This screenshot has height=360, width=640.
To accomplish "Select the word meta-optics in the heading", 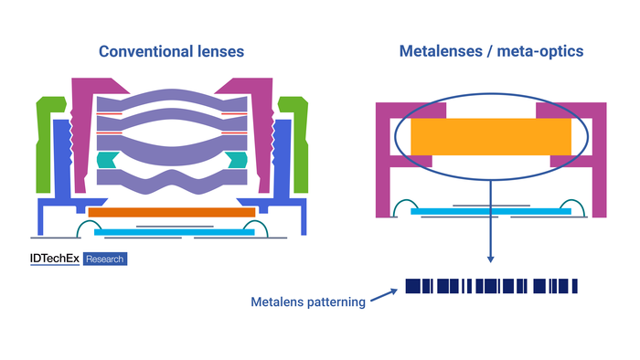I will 539,51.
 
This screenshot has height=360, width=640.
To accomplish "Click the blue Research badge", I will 104,259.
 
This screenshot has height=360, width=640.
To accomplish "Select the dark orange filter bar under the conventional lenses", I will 171,212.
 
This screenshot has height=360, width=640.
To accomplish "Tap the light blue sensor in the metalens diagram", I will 491,212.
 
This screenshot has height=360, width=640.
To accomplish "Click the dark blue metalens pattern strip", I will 491,287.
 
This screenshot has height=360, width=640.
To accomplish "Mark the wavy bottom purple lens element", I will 171,185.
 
